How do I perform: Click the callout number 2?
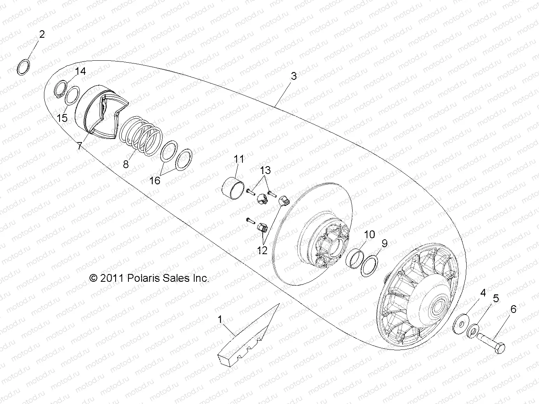click(42, 34)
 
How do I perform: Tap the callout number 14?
click(80, 71)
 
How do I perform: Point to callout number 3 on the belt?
click(294, 76)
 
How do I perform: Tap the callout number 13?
click(265, 170)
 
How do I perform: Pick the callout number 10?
click(369, 234)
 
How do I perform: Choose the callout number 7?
click(79, 146)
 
